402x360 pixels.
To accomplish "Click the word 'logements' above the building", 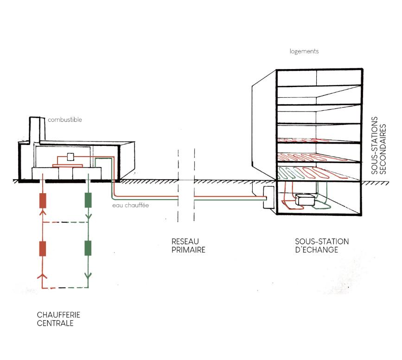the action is (x=304, y=51).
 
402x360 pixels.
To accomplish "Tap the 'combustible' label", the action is (x=65, y=120).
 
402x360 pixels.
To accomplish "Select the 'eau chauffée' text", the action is (x=130, y=205).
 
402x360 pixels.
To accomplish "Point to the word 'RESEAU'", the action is (x=185, y=241).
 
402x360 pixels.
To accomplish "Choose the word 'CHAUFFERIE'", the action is (x=58, y=315).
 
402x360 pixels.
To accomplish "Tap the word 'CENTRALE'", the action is (x=55, y=323).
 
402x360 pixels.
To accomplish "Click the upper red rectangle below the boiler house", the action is (x=43, y=200).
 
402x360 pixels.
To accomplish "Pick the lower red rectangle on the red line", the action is (x=43, y=249).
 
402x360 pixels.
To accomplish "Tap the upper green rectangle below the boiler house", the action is (x=88, y=200).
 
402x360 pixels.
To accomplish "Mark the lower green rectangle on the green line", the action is (x=88, y=248).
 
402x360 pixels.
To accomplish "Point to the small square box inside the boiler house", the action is (x=71, y=157).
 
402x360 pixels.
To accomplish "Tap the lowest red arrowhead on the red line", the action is (x=43, y=277).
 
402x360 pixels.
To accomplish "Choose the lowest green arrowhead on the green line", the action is (x=88, y=278).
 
